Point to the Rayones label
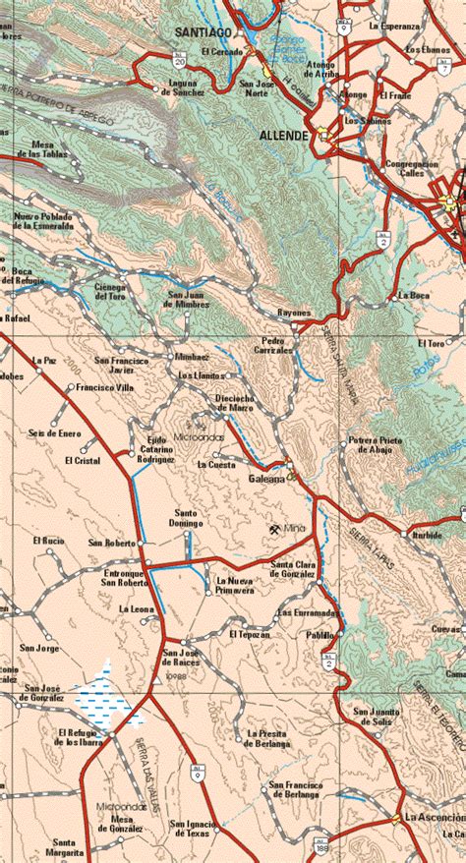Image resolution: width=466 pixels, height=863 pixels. click(x=294, y=313)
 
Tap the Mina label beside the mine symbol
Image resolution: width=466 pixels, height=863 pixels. click(x=296, y=530)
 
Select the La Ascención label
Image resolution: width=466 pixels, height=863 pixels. click(x=435, y=818)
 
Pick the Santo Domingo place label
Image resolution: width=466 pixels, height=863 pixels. click(x=190, y=518)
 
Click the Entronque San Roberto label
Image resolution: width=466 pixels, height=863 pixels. click(x=125, y=578)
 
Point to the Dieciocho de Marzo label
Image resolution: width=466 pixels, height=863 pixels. click(x=235, y=403)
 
